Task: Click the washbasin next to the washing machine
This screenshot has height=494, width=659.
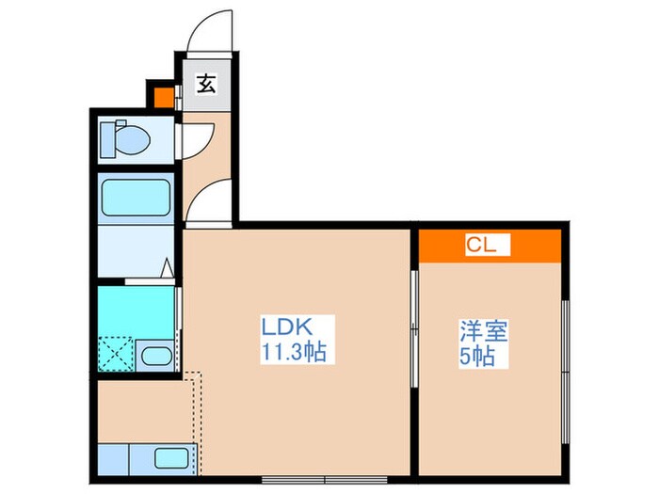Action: point(154,356)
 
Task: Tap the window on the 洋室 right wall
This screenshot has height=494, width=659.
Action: point(564,357)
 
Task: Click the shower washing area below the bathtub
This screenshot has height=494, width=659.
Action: point(132,250)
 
